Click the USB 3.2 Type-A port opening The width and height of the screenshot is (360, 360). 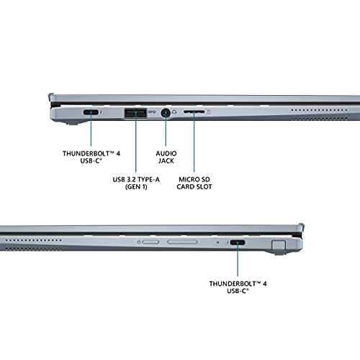pyautogui.click(x=135, y=113)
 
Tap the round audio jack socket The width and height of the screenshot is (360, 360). pyautogui.click(x=166, y=113)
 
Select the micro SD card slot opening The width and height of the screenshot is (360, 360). pyautogui.click(x=194, y=112)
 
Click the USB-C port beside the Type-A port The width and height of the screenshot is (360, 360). pyautogui.click(x=91, y=112)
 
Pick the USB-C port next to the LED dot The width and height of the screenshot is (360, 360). pyautogui.click(x=238, y=242)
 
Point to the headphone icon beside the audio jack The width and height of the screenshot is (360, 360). pyautogui.click(x=174, y=112)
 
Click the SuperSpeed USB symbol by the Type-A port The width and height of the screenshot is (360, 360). pyautogui.click(x=152, y=112)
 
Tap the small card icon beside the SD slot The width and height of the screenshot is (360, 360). pyautogui.click(x=209, y=112)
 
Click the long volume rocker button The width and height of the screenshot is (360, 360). pyautogui.click(x=182, y=242)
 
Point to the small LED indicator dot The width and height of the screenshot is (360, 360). pyautogui.click(x=217, y=242)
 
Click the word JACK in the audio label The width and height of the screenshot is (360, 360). pyautogui.click(x=166, y=161)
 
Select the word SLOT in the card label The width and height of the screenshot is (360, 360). pyautogui.click(x=204, y=186)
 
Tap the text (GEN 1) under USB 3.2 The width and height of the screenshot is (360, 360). pyautogui.click(x=136, y=186)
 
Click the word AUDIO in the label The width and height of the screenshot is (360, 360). pyautogui.click(x=166, y=153)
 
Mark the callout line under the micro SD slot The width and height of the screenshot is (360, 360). pyautogui.click(x=194, y=143)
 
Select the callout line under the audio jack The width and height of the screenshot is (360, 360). pyautogui.click(x=166, y=131)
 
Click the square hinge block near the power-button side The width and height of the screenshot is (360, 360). pyautogui.click(x=279, y=246)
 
